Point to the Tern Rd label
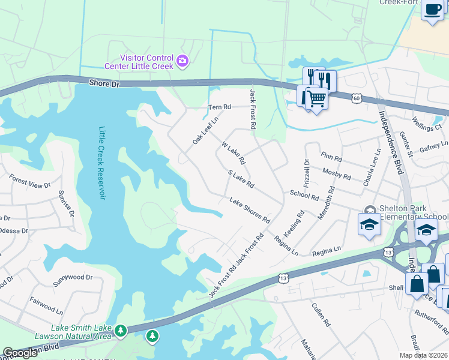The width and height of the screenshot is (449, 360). point(219,107)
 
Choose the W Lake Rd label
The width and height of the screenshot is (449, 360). point(234,153)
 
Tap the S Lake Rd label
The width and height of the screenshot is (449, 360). point(242,178)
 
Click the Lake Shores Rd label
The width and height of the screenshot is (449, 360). point(249,208)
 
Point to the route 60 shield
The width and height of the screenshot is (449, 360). point(357,97)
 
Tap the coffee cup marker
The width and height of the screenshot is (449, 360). point(432,9)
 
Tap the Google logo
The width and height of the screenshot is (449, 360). point(20,353)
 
